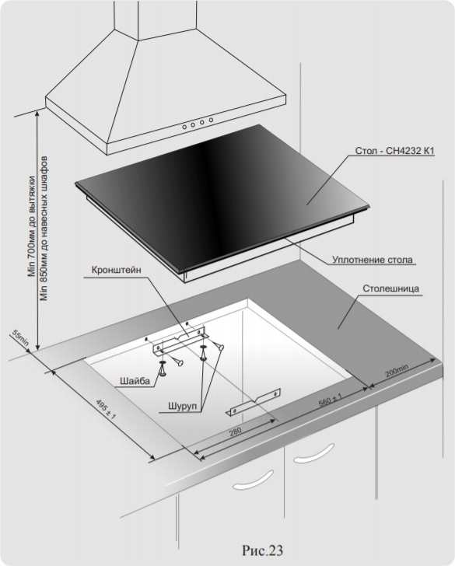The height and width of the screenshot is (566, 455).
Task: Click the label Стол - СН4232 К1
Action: (394, 151)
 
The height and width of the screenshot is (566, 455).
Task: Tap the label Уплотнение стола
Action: (372, 260)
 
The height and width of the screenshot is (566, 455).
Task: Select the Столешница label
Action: (390, 288)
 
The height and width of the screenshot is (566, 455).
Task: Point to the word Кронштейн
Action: (117, 271)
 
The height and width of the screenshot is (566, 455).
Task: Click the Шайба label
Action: (135, 381)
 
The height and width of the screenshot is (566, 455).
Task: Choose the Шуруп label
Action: (182, 407)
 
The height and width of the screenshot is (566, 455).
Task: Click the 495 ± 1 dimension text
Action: (106, 410)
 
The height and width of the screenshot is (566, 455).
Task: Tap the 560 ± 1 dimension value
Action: (330, 400)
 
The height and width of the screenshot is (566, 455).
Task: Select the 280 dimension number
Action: (236, 431)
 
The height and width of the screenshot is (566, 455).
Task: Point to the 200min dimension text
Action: (397, 371)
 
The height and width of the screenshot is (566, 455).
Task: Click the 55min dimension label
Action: (20, 338)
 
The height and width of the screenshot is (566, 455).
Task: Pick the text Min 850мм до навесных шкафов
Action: (44, 228)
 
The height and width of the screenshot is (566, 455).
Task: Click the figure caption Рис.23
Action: (263, 550)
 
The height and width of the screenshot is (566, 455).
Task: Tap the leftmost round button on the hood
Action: (184, 127)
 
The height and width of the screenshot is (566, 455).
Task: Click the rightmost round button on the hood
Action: (211, 120)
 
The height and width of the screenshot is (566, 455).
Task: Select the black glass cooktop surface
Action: (222, 197)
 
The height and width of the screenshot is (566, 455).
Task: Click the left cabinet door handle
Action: (253, 480)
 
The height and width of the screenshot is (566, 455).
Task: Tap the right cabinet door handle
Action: (313, 453)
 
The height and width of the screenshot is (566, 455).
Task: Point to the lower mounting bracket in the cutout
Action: (254, 402)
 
